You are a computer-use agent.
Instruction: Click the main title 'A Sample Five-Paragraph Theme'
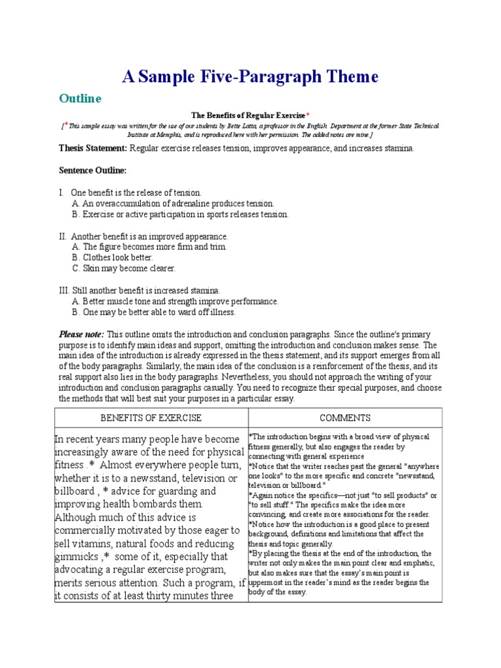coord(250,77)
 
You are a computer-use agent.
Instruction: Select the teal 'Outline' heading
coord(80,99)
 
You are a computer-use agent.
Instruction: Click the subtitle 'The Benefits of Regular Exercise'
coord(248,115)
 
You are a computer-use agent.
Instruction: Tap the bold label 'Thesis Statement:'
coord(93,149)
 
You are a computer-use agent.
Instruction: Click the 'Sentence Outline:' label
coord(93,170)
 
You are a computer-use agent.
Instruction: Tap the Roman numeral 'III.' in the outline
coord(65,290)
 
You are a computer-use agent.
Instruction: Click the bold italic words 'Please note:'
coord(82,334)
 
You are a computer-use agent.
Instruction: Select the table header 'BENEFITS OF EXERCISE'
coord(151,417)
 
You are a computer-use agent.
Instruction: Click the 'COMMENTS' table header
coord(345,417)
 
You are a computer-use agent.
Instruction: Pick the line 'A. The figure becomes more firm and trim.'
coord(149,247)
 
